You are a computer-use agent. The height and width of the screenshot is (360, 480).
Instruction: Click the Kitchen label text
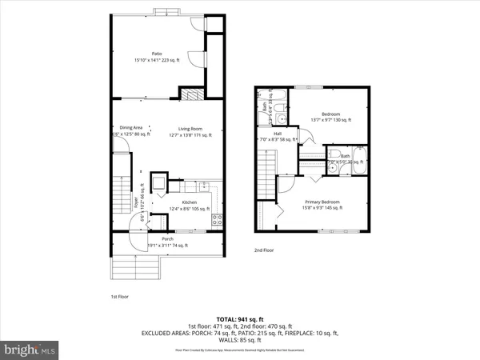(189, 202)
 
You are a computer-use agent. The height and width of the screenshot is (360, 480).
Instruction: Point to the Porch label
(167, 238)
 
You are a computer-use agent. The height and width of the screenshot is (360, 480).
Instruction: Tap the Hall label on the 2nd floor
(277, 134)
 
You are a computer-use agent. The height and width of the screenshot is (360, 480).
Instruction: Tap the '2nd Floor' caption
(264, 250)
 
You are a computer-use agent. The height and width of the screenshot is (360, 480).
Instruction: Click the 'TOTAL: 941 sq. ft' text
(240, 318)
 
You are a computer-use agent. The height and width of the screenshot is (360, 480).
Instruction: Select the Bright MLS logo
(30, 350)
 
